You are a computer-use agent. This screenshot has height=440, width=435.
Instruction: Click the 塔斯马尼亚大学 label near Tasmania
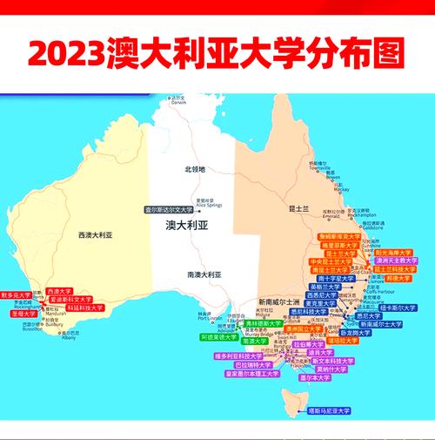point(329,410)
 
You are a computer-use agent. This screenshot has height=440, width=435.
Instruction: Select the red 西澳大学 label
point(59,290)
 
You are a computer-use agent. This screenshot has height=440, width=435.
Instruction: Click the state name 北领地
point(194,169)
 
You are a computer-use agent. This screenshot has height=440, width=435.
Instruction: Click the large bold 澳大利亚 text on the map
point(188,224)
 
